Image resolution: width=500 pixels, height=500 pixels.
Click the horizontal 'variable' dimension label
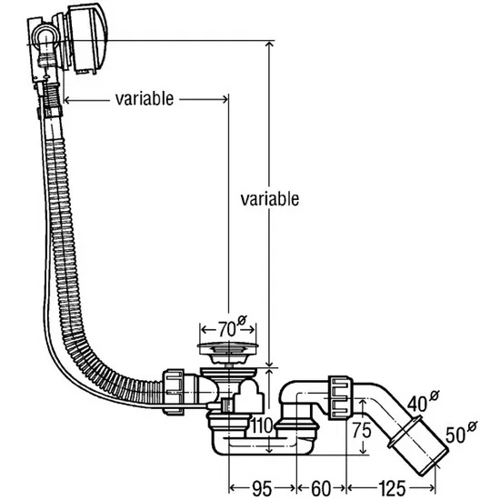(x=145, y=99)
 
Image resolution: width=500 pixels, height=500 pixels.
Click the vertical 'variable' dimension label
(x=270, y=199)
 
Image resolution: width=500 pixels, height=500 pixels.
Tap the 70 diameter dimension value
(x=226, y=329)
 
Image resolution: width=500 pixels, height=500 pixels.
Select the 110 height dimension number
(x=262, y=425)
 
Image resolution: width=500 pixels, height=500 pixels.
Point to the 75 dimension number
(x=362, y=430)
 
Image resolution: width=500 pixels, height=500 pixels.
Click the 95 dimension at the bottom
(x=262, y=488)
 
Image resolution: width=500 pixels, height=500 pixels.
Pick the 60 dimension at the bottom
(x=321, y=488)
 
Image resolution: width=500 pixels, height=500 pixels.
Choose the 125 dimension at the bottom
(x=392, y=488)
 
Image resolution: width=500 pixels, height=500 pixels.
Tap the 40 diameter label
(x=417, y=404)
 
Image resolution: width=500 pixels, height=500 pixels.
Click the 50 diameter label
(x=455, y=435)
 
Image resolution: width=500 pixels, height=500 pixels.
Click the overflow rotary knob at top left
(x=87, y=39)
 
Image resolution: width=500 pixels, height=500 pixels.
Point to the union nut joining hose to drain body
(x=174, y=392)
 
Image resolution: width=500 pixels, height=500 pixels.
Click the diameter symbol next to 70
(x=242, y=320)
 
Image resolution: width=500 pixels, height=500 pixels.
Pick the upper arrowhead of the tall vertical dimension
(x=269, y=45)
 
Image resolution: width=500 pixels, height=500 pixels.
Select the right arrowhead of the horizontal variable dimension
(x=225, y=99)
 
